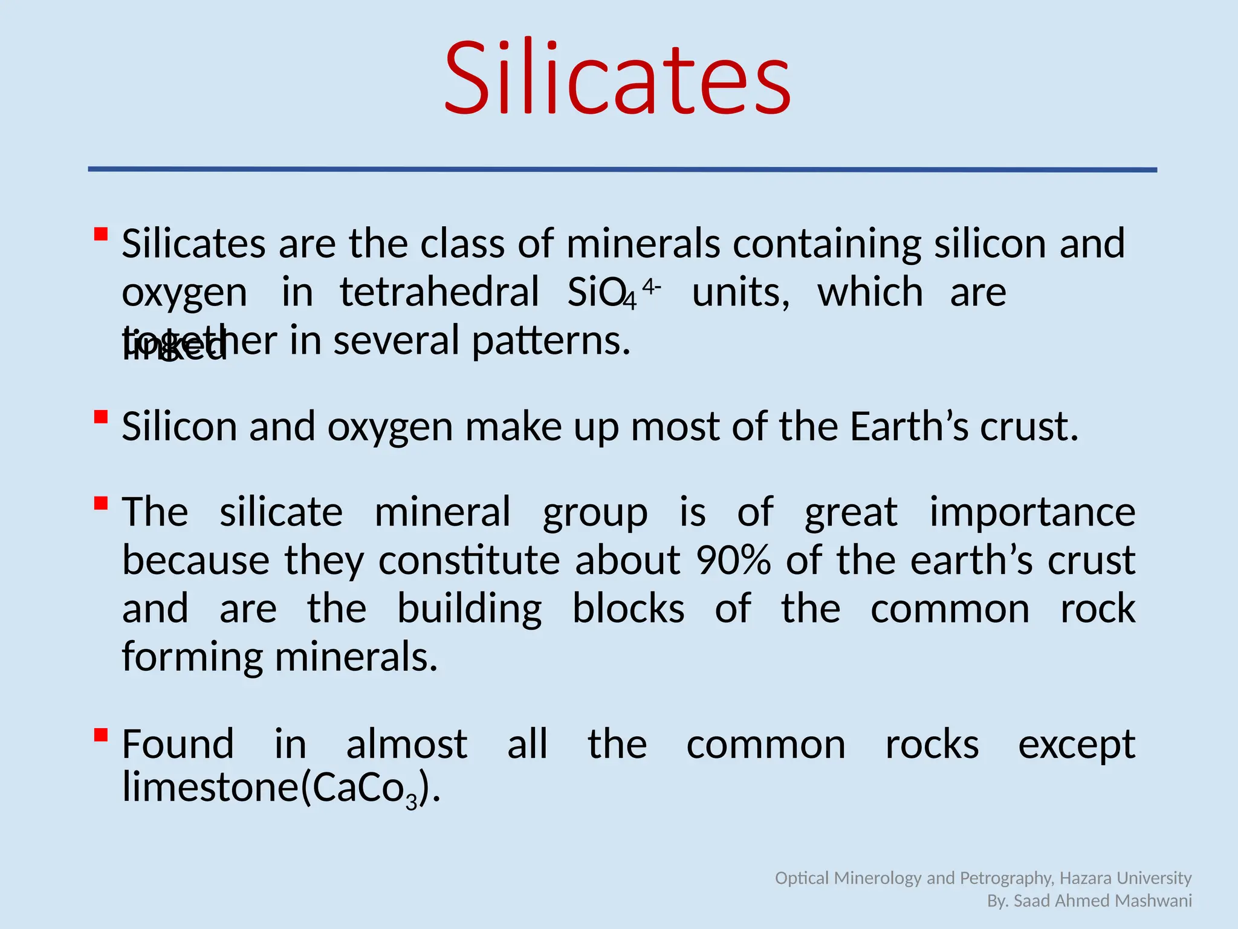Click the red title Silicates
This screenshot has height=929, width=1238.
point(617,79)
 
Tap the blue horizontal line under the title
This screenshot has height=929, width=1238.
point(623,170)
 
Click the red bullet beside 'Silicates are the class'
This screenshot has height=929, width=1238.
point(101,234)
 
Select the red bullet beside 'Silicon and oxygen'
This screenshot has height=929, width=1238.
point(101,417)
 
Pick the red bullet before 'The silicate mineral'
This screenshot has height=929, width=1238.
point(101,503)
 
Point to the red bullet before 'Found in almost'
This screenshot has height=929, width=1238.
point(101,735)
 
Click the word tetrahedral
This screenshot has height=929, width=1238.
point(439,292)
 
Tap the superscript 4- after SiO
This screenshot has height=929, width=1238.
point(652,285)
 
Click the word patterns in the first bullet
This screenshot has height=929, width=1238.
point(551,341)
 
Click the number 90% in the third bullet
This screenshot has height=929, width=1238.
point(733,560)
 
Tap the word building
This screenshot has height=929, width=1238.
point(469,609)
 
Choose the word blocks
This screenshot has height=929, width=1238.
point(628,608)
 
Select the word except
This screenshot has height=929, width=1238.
point(1077,745)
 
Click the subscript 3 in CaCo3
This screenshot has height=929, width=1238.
point(412,802)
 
